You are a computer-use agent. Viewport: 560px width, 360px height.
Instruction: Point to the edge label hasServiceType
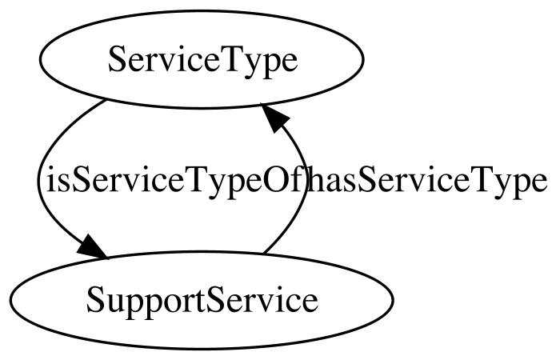(426, 181)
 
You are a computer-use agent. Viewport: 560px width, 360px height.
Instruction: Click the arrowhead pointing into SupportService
(90, 246)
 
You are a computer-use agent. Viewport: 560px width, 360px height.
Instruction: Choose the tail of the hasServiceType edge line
(263, 254)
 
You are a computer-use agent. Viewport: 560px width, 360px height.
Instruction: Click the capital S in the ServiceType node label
(116, 59)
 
